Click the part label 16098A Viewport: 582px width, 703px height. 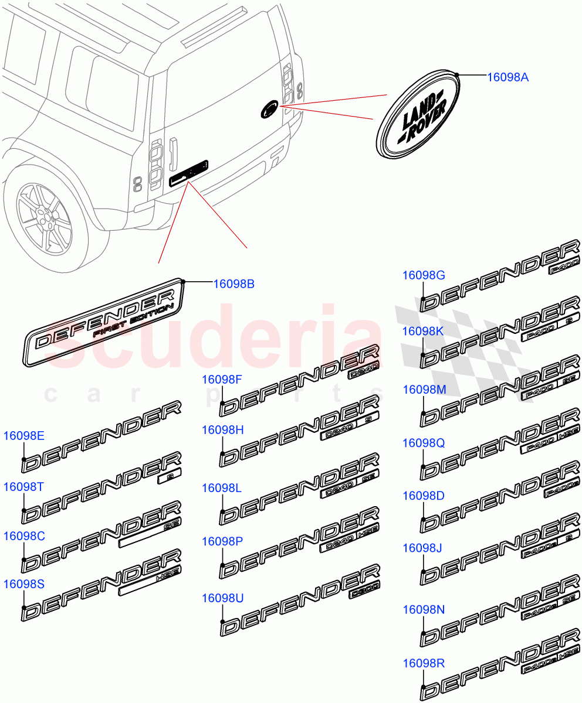[508, 76]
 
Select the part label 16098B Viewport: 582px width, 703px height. [234, 284]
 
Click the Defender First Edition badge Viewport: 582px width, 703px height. [106, 329]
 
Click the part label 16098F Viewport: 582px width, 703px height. [222, 379]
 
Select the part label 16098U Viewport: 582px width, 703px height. [222, 598]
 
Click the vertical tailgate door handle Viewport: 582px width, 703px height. [174, 152]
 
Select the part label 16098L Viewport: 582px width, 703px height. [222, 487]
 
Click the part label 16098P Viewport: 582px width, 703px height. [222, 541]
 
